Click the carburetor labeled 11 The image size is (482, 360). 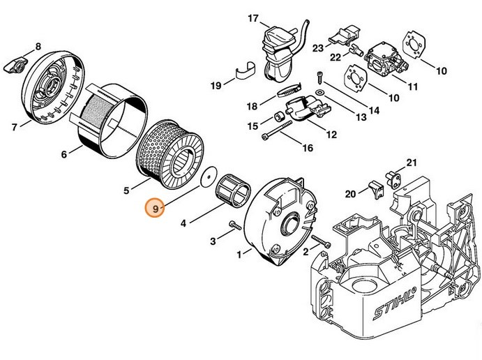coord(379,61)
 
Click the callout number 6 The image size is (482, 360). coord(64,154)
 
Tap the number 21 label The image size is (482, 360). coord(411,163)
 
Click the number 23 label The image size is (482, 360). coord(318,48)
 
